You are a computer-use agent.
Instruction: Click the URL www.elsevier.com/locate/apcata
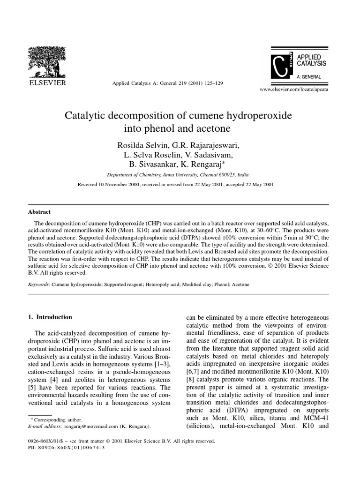[294, 89]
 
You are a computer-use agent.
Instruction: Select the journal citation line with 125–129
[167, 83]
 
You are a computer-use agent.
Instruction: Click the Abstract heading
[40, 211]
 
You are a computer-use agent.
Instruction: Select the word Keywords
[39, 285]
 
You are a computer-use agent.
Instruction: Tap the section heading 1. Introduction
[51, 317]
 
